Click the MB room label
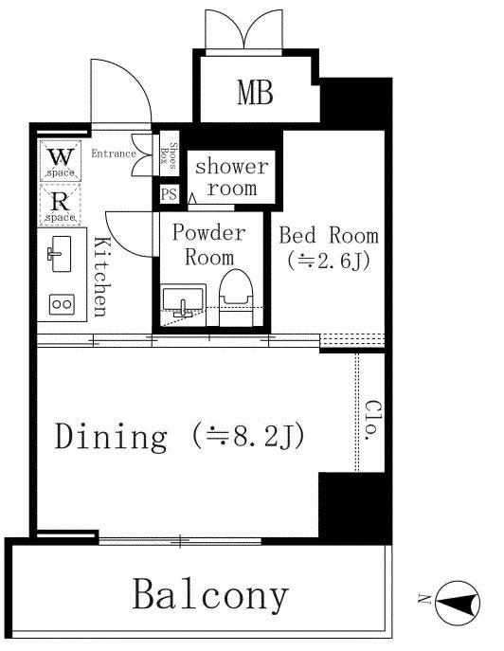click(255, 93)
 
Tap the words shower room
click(232, 177)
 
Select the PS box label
click(169, 194)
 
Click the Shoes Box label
click(169, 154)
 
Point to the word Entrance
click(114, 154)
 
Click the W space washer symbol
click(61, 161)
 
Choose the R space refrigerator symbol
click(60, 205)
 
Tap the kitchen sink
click(62, 254)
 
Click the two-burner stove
click(62, 304)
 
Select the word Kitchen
click(101, 277)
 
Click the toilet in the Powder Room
click(236, 298)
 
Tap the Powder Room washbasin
click(183, 300)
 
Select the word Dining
click(111, 437)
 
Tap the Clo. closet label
click(372, 420)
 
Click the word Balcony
click(210, 594)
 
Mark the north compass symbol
click(458, 603)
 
